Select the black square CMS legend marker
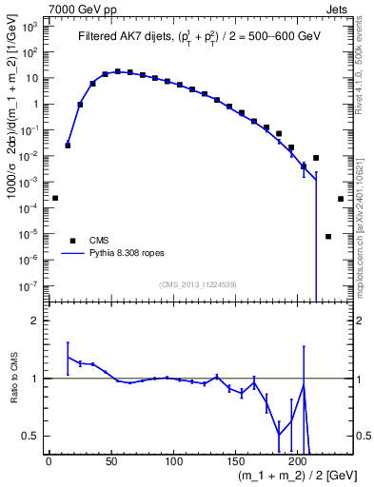[x=70, y=241]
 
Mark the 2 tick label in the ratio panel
[x=35, y=321]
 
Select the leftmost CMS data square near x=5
[x=55, y=198]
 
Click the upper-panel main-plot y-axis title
[x=12, y=152]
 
